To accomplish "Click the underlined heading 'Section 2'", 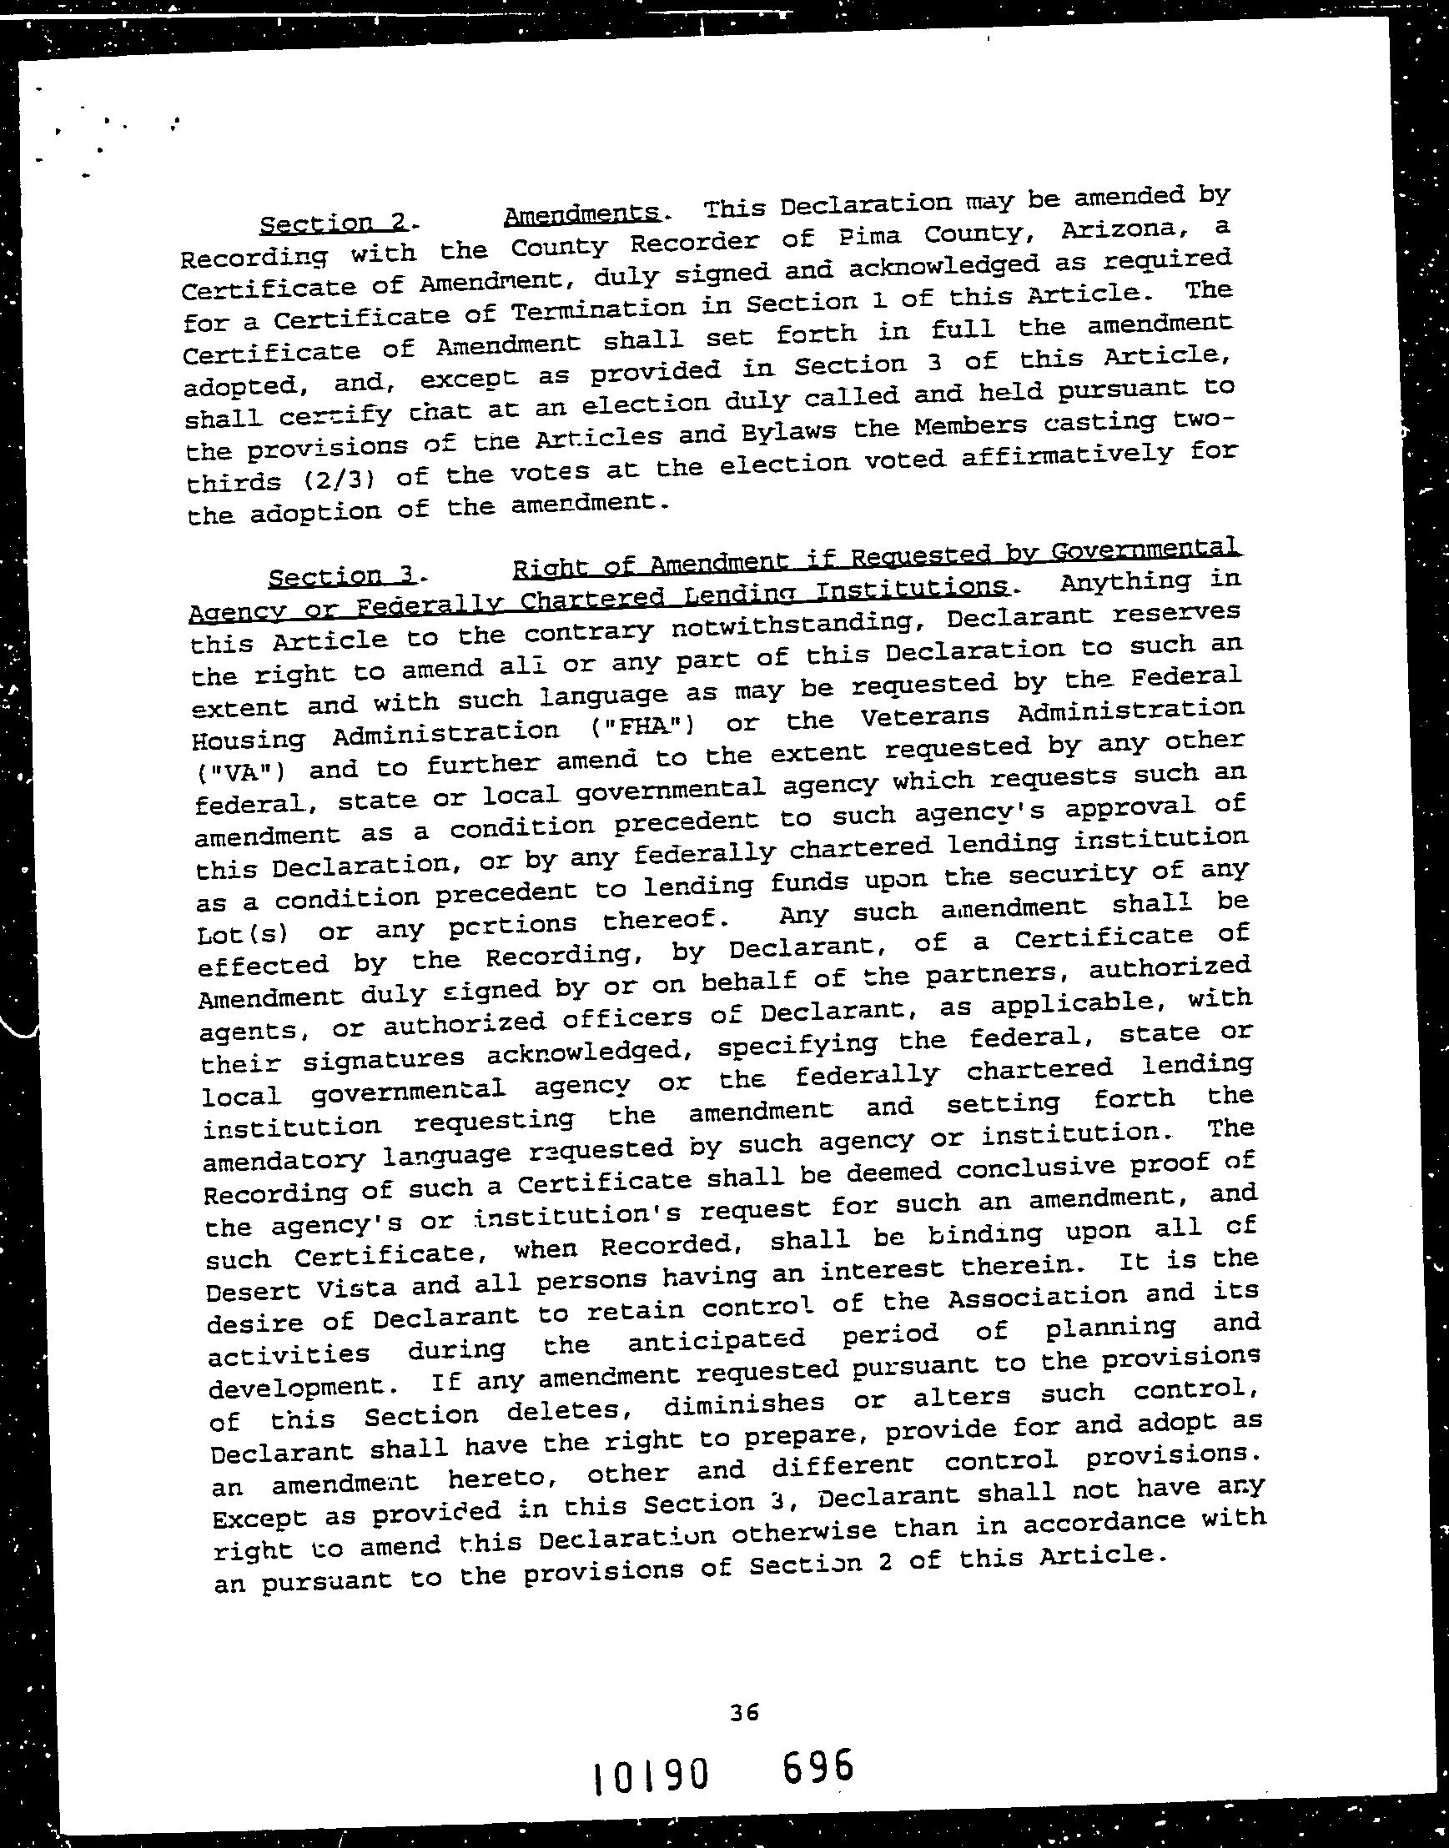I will [x=334, y=223].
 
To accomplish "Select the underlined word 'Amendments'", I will [x=582, y=214].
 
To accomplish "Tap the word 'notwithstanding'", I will [x=794, y=622].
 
